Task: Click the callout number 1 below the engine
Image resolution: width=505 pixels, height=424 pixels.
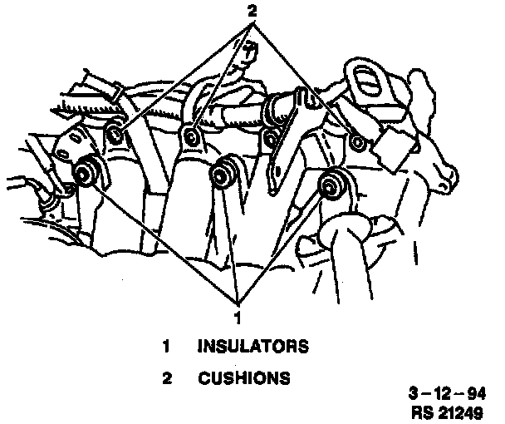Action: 238,317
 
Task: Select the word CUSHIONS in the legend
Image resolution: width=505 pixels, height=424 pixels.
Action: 243,379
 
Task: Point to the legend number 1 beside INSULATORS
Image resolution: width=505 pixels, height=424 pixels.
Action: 166,346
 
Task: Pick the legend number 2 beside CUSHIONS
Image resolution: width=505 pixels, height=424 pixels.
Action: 166,379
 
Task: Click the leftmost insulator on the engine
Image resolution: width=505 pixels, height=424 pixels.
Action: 84,175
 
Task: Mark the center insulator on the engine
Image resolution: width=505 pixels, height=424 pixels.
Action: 222,174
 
